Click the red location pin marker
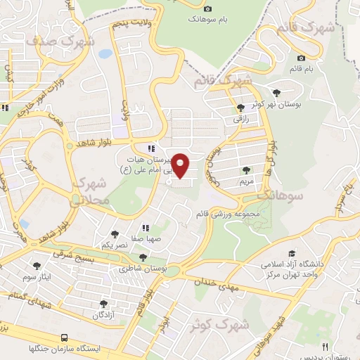point(181,165)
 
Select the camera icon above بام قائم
point(302,58)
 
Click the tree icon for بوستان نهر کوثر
point(276,91)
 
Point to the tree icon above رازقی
point(241,108)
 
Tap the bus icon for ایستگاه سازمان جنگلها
point(65,337)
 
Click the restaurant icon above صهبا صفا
point(146,227)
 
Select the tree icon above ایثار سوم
point(37,266)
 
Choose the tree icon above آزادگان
point(103,304)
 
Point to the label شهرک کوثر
point(220,326)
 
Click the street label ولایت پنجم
point(131,25)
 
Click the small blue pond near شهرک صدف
point(105,53)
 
